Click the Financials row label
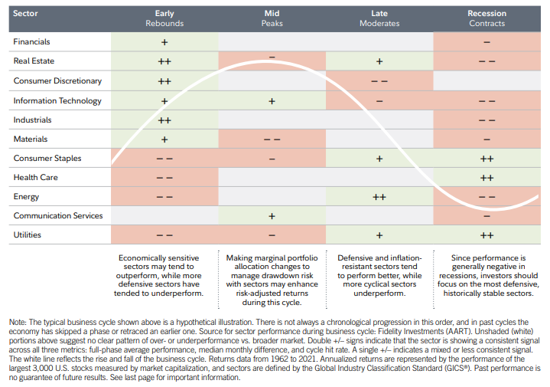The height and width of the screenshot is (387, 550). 31,41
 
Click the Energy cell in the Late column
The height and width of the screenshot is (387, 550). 379,197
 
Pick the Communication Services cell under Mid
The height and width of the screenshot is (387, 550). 272,216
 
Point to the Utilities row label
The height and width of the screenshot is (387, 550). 27,235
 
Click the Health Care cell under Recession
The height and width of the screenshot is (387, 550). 487,178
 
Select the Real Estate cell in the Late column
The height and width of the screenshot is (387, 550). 379,61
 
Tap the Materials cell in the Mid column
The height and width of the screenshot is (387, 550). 272,139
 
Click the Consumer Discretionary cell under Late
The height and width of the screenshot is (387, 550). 379,80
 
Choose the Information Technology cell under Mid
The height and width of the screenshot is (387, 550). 272,100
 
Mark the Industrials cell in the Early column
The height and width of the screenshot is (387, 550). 164,120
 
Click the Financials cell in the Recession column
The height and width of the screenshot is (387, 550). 487,41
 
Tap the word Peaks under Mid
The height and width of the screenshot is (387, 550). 272,23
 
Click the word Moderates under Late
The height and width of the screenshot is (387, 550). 379,23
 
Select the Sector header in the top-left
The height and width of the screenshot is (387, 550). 25,14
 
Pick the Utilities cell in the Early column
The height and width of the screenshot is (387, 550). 164,235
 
